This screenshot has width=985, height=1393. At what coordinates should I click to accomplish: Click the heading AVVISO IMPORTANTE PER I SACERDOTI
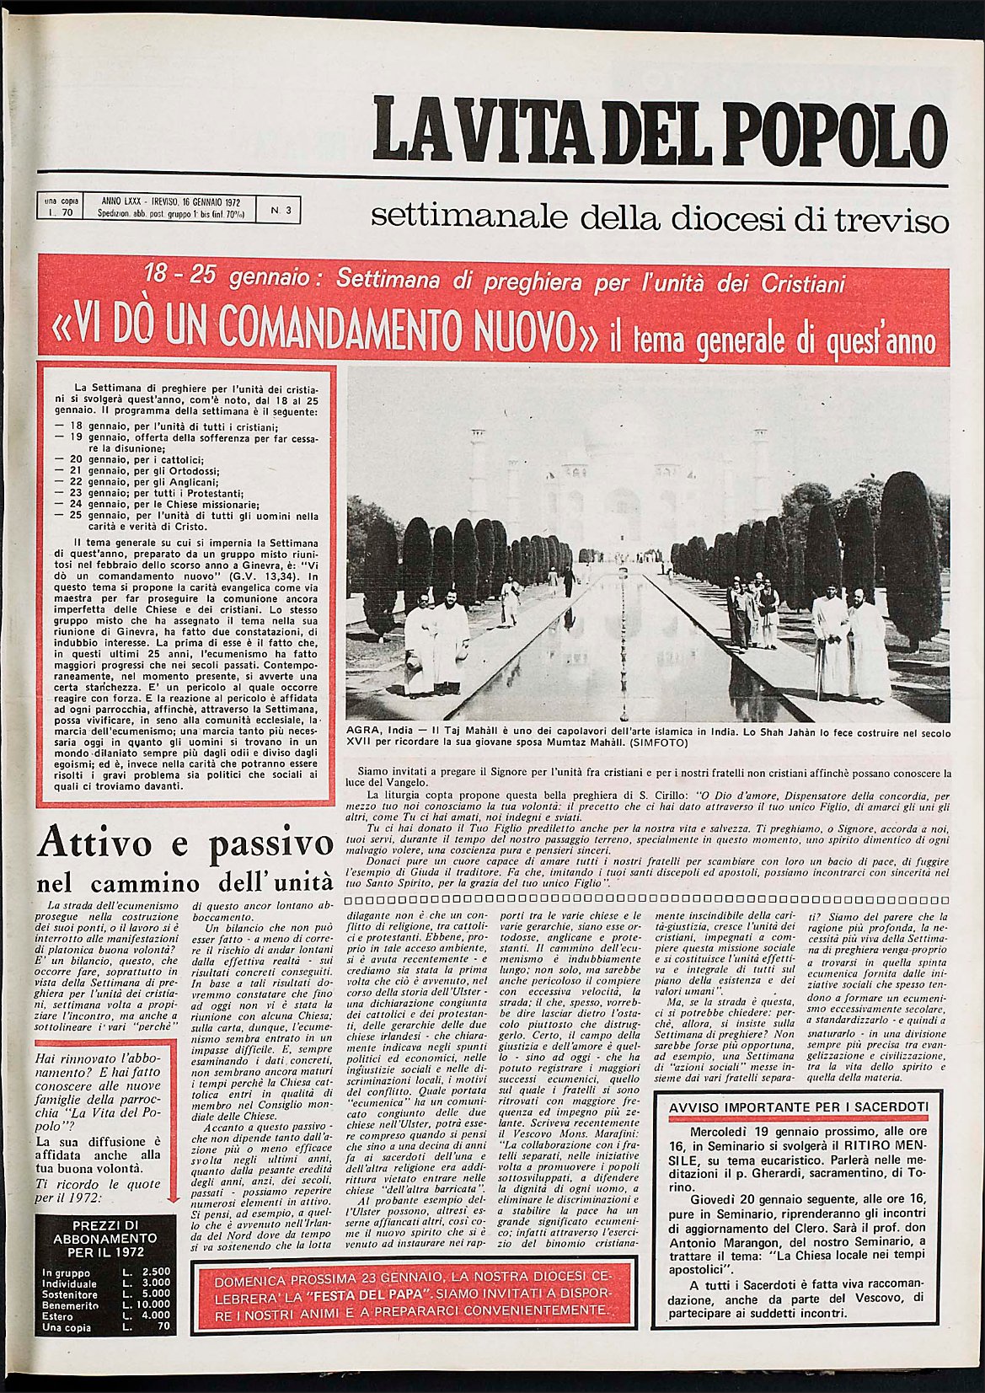[798, 1106]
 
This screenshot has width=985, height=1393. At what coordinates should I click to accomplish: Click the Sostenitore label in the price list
[70, 1294]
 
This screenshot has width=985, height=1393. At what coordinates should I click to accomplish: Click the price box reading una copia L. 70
[61, 207]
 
